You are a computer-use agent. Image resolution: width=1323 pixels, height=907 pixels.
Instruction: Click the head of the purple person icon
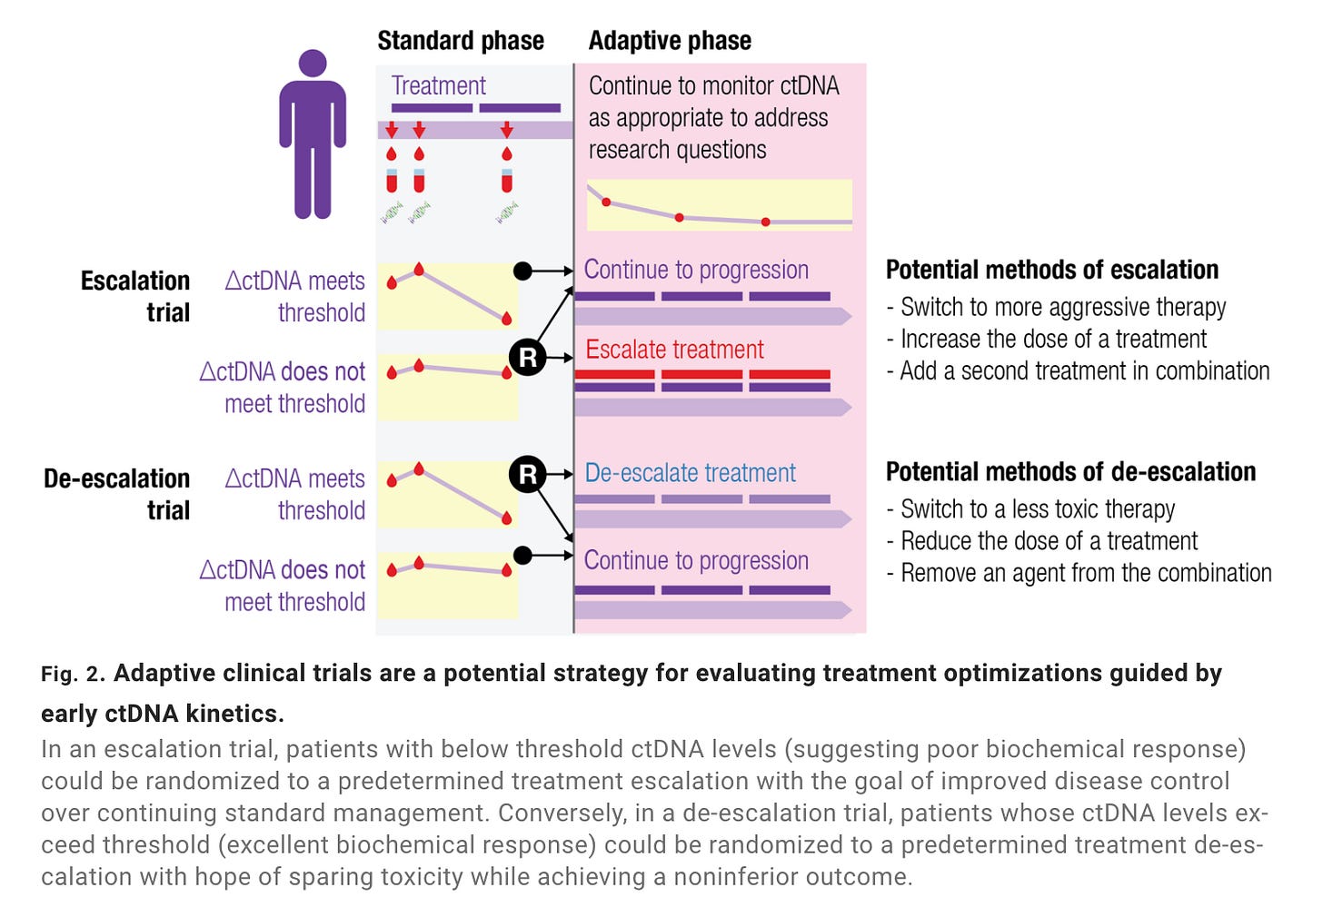pos(313,63)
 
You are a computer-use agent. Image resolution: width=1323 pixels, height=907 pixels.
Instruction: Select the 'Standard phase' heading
pos(461,41)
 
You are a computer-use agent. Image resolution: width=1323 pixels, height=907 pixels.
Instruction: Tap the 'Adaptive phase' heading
pos(670,41)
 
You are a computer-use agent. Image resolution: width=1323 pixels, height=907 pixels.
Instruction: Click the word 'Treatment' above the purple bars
pos(438,85)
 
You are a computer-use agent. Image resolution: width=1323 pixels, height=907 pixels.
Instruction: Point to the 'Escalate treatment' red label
pos(674,350)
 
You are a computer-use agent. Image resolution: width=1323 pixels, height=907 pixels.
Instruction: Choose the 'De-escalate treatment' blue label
pos(690,473)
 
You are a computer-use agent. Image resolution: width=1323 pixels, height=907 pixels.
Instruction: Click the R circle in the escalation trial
pos(527,358)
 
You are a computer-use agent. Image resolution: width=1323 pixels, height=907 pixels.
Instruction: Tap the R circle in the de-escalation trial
pos(527,474)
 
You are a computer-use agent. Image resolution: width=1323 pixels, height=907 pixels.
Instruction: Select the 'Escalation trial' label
pos(135,296)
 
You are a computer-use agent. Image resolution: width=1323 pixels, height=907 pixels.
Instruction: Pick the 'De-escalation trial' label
pos(117,494)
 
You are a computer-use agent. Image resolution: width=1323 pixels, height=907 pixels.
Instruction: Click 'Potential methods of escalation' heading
pos(1052,270)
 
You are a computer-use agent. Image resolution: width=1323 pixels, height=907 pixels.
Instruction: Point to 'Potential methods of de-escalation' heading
pos(1070,471)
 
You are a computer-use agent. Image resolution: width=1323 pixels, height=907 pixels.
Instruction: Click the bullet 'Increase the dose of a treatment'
pos(1047,339)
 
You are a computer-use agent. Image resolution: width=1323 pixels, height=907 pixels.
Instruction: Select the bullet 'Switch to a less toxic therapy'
pos(1030,508)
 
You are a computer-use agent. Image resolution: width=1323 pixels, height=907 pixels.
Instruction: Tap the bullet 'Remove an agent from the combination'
pos(1079,572)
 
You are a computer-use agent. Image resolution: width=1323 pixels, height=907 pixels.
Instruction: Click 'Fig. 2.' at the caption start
pos(74,674)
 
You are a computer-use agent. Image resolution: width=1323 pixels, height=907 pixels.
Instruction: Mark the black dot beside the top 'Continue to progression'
pos(522,271)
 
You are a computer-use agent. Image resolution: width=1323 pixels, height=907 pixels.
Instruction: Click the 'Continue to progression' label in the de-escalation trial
pos(696,560)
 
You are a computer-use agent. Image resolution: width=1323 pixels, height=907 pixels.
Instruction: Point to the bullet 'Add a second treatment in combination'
pos(1079,370)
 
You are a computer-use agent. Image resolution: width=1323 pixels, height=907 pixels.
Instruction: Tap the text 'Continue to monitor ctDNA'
pos(713,85)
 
